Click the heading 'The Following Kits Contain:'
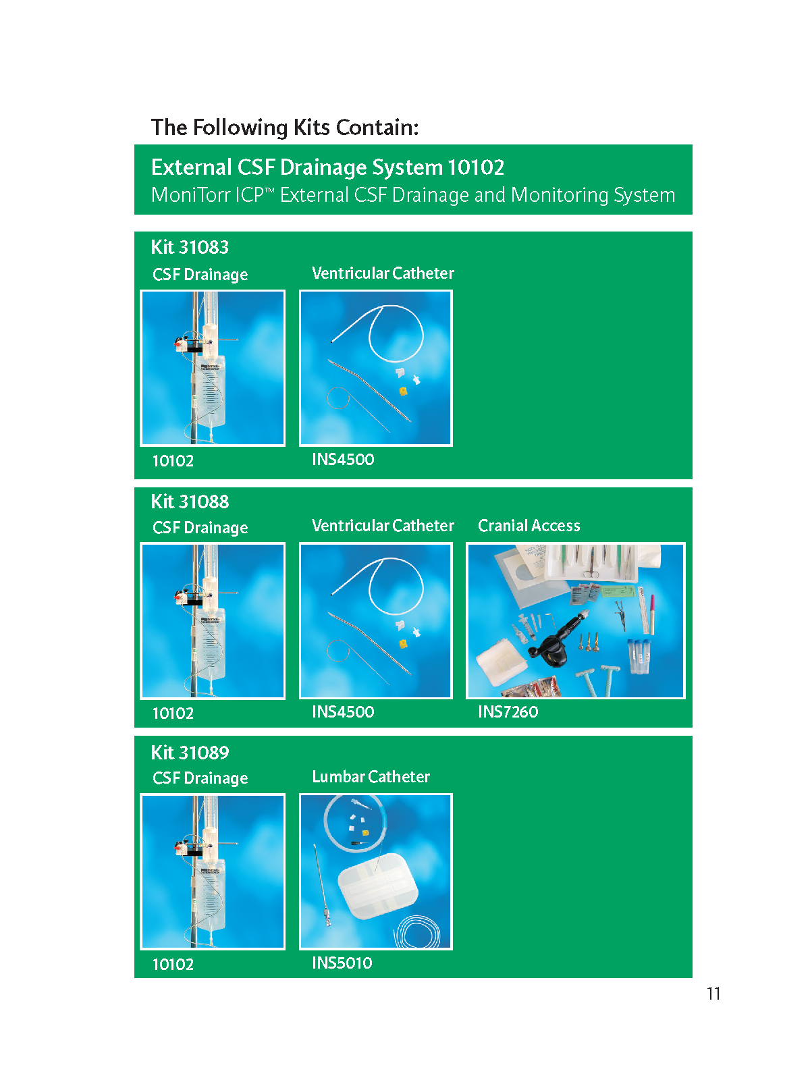(x=285, y=128)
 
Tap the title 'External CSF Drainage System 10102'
(x=327, y=167)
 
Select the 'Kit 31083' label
(x=190, y=247)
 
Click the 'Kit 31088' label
(x=190, y=502)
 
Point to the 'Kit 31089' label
(x=190, y=753)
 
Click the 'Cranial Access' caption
(x=529, y=525)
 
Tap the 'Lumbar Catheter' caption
(x=371, y=776)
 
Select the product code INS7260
(x=508, y=711)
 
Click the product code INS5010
(x=342, y=963)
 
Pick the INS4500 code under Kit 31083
(x=344, y=459)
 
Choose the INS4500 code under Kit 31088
(x=344, y=711)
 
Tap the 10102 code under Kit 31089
(x=173, y=965)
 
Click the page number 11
(x=713, y=994)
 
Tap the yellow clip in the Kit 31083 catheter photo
(x=403, y=391)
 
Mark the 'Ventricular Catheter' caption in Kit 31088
(x=383, y=525)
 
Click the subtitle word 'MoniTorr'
(x=190, y=195)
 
